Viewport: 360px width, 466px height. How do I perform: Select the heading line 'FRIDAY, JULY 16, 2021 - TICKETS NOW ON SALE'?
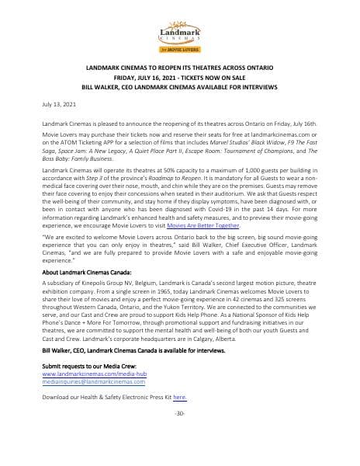click(179, 78)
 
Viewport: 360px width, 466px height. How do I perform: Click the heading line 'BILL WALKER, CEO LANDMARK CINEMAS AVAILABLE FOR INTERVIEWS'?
click(179, 88)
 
